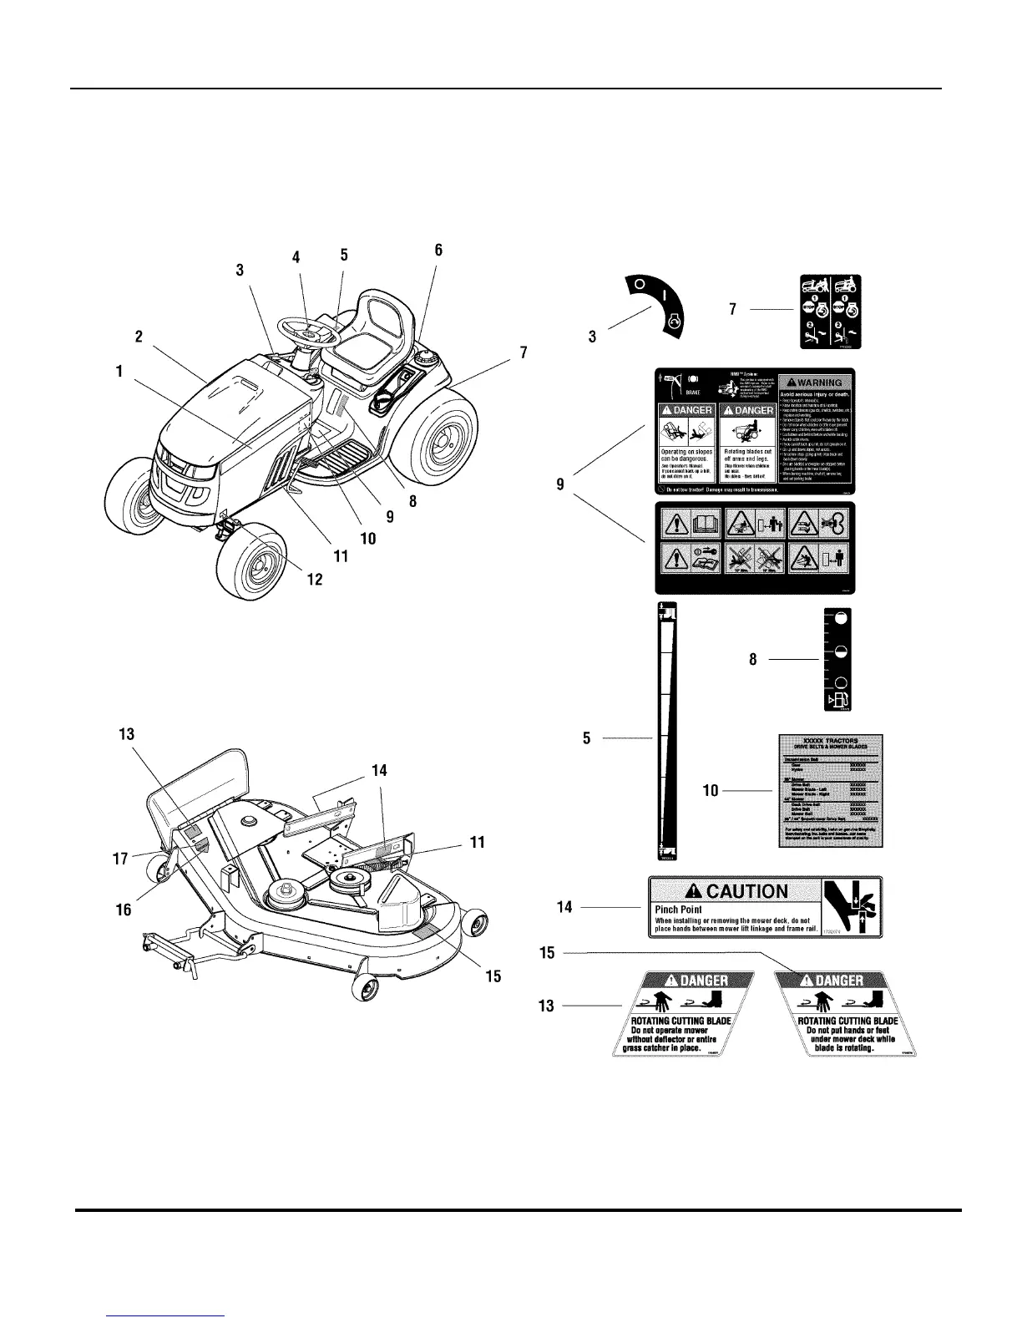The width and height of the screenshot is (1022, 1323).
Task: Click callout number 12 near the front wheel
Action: tap(315, 580)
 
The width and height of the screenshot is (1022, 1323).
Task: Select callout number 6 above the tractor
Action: tap(438, 250)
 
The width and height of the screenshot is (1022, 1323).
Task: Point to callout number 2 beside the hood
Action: tap(139, 337)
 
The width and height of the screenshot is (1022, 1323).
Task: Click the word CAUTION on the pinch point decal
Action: tap(747, 891)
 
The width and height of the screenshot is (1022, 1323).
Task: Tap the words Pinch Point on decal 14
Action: tap(679, 910)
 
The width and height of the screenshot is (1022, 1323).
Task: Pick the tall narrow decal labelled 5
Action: tap(667, 731)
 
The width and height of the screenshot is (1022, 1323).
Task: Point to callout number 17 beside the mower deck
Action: tap(120, 858)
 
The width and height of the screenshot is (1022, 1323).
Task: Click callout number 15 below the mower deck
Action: tap(493, 976)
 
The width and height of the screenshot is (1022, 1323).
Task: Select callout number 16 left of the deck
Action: tap(124, 910)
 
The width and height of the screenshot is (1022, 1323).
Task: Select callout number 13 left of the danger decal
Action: tap(547, 1006)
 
